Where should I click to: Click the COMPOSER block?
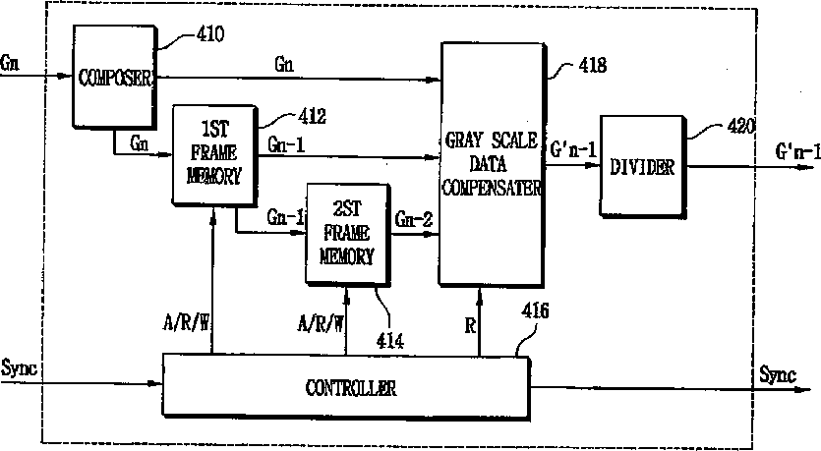click(116, 78)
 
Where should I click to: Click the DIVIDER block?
click(642, 167)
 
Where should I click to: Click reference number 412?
click(311, 117)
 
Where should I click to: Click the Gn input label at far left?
click(11, 61)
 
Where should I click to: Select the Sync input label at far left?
click(20, 368)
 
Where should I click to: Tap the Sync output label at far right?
click(779, 374)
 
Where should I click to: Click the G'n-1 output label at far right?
click(796, 152)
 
